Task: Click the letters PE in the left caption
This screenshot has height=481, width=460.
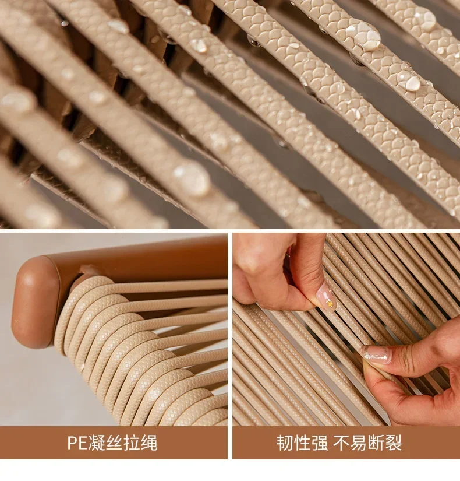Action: pos(77,443)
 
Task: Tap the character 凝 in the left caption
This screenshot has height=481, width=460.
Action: pos(97,443)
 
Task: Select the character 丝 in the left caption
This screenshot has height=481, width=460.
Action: pos(114,443)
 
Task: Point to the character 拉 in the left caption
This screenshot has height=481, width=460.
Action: pos(132,443)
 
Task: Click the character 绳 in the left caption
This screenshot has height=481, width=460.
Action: pos(149,443)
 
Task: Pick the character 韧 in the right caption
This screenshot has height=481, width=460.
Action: pos(285,443)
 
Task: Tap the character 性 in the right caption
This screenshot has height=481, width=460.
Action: pos(302,443)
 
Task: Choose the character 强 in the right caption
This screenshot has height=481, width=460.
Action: pos(319,443)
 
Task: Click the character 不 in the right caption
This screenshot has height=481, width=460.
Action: pos(341,443)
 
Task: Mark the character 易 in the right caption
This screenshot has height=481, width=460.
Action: pos(359,443)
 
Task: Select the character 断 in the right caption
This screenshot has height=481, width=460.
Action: pos(376,443)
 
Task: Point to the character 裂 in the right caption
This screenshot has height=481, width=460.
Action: pos(393,443)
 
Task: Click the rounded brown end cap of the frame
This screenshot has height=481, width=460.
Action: pos(34,303)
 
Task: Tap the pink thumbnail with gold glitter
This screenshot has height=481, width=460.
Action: pos(326,297)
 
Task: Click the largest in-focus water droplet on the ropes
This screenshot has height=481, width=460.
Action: pos(366,36)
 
